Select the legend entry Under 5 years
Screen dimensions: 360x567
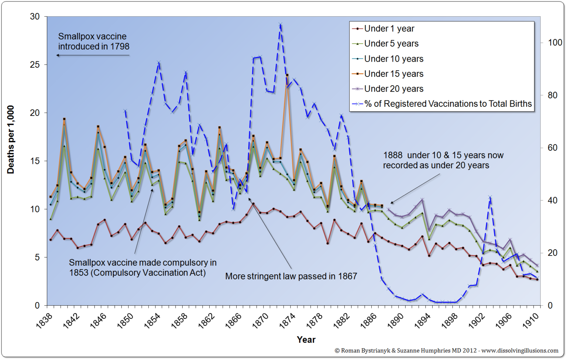(391, 44)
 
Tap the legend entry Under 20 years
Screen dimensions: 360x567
(394, 89)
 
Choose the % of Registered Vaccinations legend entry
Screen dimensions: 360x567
(447, 104)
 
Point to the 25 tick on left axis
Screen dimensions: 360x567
(35, 65)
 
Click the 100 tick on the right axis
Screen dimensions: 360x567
(554, 43)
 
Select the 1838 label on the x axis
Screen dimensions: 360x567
(44, 320)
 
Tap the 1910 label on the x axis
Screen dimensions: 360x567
(530, 320)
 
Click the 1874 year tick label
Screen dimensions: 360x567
(287, 320)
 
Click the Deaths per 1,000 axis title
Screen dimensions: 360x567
(11, 140)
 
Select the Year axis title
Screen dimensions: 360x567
(306, 340)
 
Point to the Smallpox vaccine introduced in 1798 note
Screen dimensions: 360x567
(93, 41)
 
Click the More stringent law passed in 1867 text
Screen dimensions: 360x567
(291, 276)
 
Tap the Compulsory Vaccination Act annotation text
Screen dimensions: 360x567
(142, 268)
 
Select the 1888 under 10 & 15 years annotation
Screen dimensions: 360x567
(443, 160)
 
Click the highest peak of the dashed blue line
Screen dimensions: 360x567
(281, 25)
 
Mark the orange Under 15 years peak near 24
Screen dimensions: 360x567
(287, 75)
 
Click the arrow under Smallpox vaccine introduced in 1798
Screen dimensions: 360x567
(93, 55)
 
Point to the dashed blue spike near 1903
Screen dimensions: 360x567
(490, 198)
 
